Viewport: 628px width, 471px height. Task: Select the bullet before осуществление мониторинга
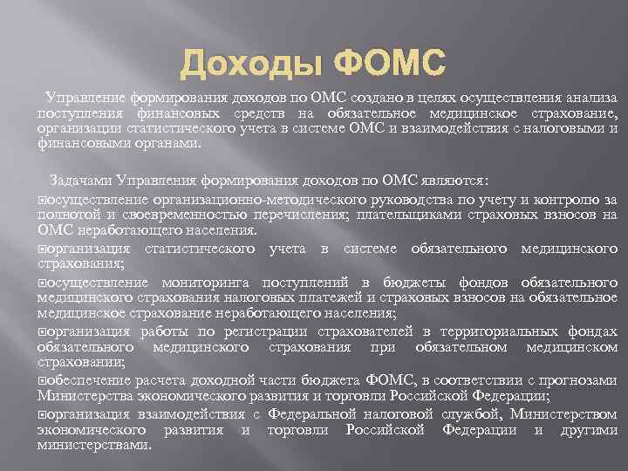point(42,283)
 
